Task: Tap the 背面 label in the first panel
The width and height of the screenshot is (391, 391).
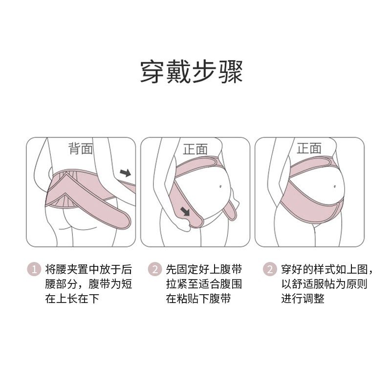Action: click(80, 149)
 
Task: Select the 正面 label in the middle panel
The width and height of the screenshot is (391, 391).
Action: click(195, 149)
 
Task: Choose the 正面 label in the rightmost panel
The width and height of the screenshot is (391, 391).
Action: click(309, 148)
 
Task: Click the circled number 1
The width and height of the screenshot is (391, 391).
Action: click(34, 269)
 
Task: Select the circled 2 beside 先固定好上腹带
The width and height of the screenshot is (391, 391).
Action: click(154, 269)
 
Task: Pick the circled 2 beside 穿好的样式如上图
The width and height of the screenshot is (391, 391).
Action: click(269, 269)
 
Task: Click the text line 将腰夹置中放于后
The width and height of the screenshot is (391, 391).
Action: click(88, 269)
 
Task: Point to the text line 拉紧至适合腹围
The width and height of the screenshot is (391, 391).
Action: click(204, 284)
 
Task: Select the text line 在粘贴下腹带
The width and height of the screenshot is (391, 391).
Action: click(198, 299)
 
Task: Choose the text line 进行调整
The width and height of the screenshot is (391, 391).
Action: click(303, 299)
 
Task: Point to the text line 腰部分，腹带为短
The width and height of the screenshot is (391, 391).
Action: click(88, 284)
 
